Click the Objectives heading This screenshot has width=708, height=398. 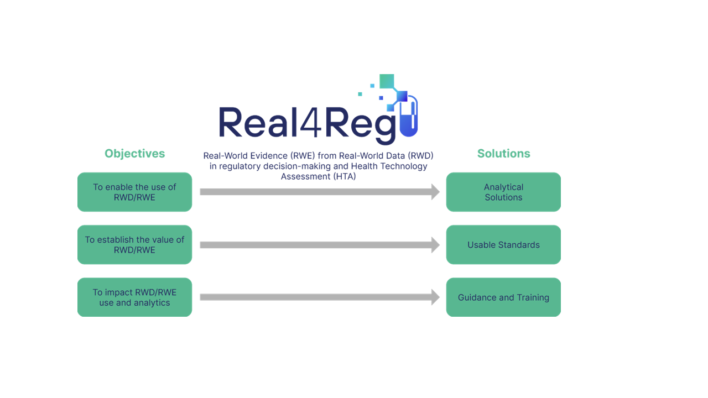pos(134,154)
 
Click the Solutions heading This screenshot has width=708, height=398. pos(503,154)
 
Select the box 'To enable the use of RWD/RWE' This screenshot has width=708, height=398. pos(134,192)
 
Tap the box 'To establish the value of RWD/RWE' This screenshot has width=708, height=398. pos(134,244)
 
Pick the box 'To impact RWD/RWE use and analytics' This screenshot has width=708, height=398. pos(134,297)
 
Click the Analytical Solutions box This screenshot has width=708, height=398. pos(503,192)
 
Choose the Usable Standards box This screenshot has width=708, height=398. pos(503,244)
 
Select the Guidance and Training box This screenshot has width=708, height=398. pos(503,297)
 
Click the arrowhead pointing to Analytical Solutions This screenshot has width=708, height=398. pos(435,192)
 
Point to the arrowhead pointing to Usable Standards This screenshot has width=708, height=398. pos(435,244)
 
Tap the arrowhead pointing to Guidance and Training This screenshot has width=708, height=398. pos(435,297)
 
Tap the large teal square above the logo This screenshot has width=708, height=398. pos(387,81)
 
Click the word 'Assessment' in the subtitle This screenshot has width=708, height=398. pos(302,176)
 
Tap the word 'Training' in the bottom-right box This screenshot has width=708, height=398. pos(533,297)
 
